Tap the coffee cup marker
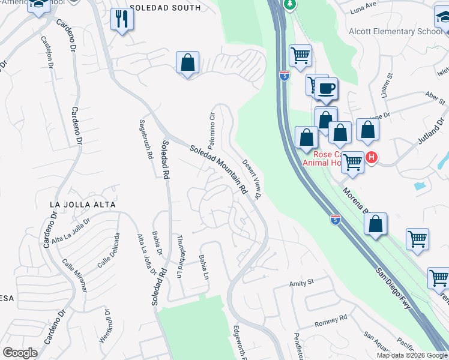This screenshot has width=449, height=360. click(x=327, y=89)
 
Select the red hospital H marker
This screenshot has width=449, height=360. click(x=372, y=158)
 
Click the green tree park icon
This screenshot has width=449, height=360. click(x=290, y=4)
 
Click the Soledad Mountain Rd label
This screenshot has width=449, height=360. click(x=218, y=170)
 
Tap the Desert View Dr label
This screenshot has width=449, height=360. click(x=253, y=179)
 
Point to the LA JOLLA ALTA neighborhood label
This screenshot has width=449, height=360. click(x=82, y=205)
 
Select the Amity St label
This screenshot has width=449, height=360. click(x=302, y=282)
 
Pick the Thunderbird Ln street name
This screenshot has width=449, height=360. click(x=179, y=261)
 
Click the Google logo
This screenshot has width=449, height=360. click(x=20, y=353)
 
